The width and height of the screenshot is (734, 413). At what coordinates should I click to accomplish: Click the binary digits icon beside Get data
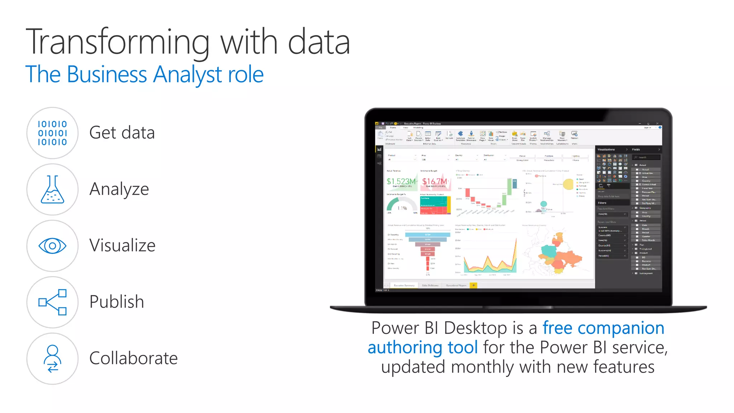(x=52, y=133)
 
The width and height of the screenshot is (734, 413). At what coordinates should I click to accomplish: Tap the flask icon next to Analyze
(x=52, y=189)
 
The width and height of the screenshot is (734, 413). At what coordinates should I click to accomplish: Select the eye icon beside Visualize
(x=52, y=246)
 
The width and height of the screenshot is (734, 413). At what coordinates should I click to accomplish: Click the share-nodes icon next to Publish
(x=52, y=302)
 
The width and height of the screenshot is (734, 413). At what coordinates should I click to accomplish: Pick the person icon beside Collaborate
(x=52, y=359)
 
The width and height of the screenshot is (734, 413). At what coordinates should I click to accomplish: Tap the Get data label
(x=122, y=133)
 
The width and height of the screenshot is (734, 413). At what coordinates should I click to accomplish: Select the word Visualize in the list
(x=122, y=246)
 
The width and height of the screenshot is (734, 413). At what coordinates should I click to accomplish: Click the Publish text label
(x=116, y=302)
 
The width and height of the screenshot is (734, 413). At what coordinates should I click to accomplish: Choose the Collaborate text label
(x=133, y=358)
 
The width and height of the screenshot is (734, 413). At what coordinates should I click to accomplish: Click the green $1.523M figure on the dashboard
(x=401, y=181)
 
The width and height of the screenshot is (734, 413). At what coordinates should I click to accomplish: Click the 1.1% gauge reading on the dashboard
(x=402, y=208)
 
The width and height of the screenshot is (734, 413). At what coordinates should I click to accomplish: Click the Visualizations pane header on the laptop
(x=606, y=149)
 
